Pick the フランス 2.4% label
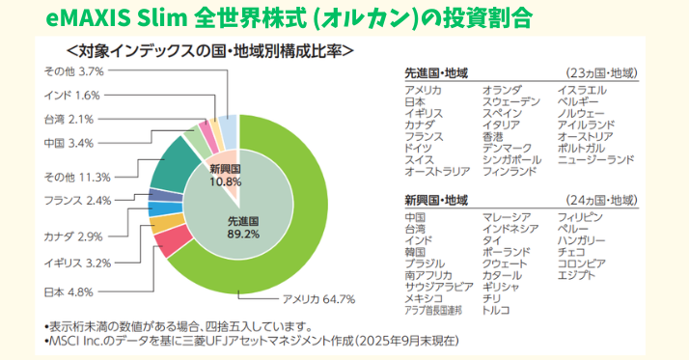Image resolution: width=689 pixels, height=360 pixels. tap(78, 201)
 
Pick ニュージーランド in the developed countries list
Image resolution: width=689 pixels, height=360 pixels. tap(595, 158)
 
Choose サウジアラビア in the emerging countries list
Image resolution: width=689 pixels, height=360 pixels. tap(439, 286)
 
